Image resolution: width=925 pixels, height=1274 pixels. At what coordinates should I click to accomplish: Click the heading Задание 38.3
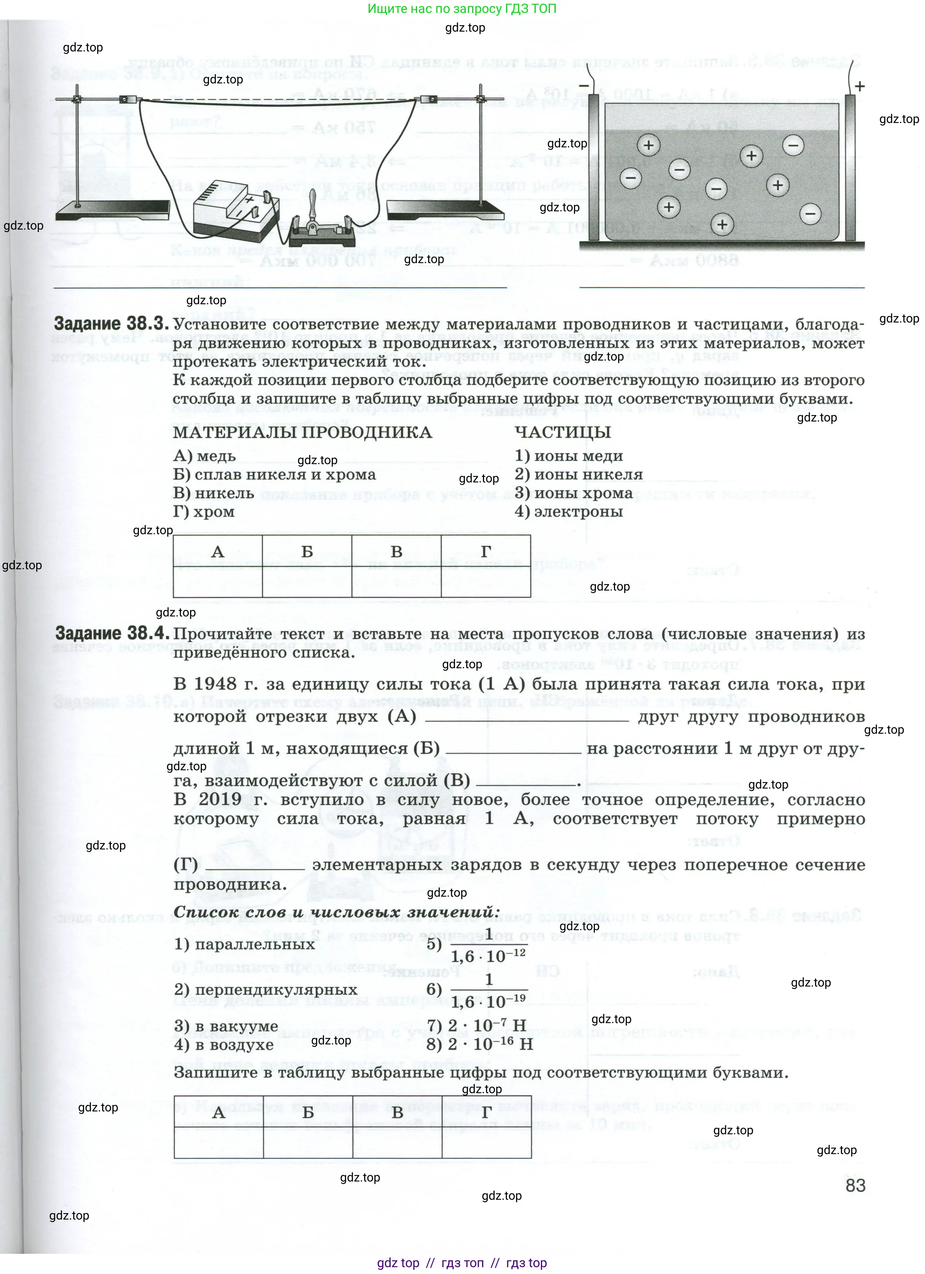click(x=111, y=324)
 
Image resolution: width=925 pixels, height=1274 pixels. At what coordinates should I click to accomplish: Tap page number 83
click(x=855, y=1185)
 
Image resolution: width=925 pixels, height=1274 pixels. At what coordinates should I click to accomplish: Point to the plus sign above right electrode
click(x=859, y=86)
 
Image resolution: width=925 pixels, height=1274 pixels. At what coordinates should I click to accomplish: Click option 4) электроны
click(x=568, y=512)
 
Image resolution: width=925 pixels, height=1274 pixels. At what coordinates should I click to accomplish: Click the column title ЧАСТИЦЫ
click(x=562, y=432)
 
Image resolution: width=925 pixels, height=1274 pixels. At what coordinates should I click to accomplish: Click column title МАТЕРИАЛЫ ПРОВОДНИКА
click(x=302, y=432)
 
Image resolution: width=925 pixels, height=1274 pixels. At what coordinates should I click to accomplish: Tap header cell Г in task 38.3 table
click(x=486, y=552)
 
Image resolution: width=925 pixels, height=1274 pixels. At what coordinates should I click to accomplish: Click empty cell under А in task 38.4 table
click(x=219, y=1143)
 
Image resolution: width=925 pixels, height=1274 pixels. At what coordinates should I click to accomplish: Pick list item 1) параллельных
click(x=244, y=944)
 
